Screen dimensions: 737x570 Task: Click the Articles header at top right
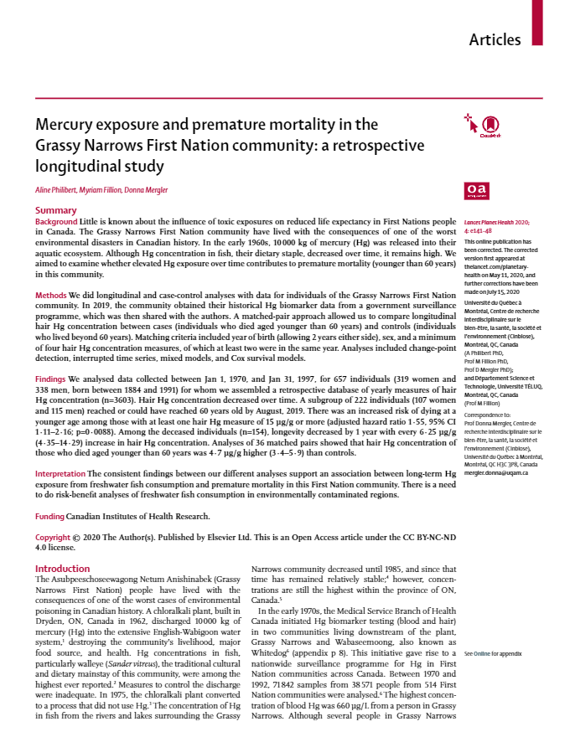[495, 39]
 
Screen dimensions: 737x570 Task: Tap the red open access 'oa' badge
[475, 192]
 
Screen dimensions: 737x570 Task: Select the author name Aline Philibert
[59, 191]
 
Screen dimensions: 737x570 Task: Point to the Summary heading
[55, 210]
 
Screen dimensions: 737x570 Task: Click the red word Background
[56, 220]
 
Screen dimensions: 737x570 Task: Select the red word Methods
[51, 296]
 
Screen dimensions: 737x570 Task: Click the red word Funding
[49, 517]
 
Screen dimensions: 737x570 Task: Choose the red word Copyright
[54, 536]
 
